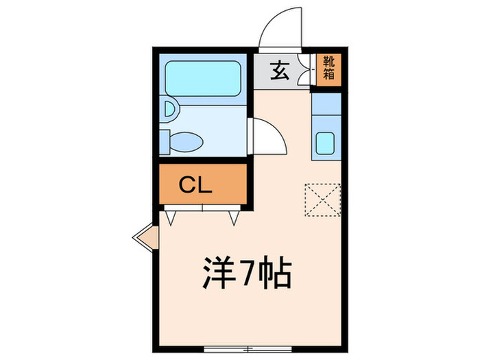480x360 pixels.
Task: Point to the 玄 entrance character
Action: click(278, 69)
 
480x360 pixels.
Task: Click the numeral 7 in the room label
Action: click(246, 274)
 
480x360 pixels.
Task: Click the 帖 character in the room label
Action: click(276, 274)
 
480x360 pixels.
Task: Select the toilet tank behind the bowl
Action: click(164, 141)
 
